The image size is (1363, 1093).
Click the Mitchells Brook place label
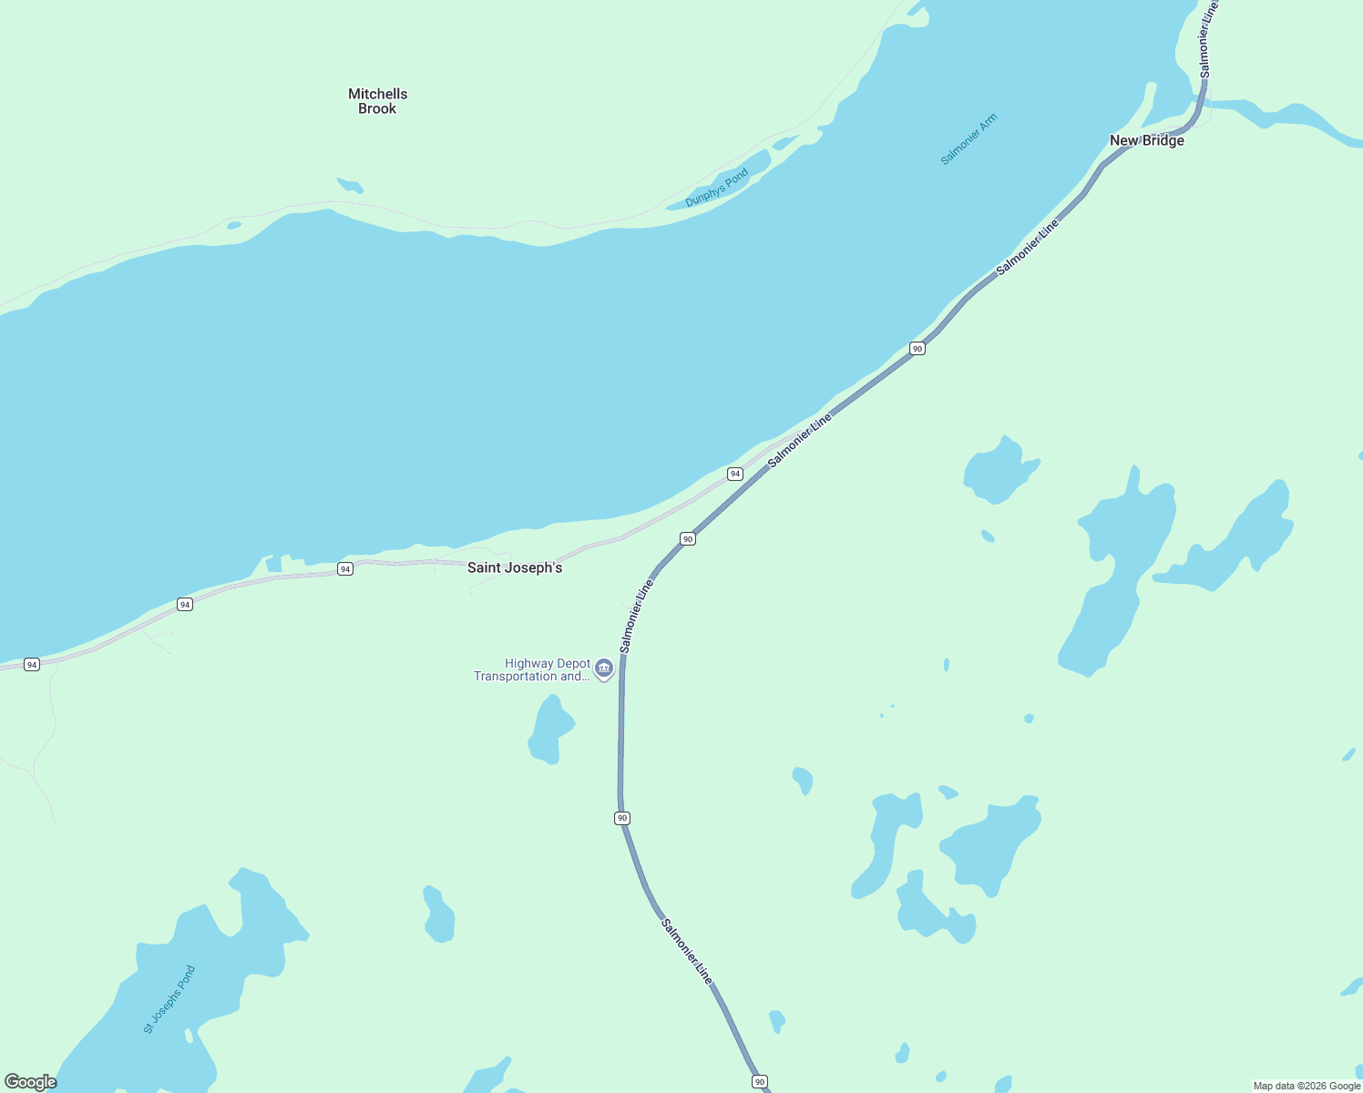pyautogui.click(x=377, y=101)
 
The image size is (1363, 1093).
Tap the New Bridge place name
pyautogui.click(x=1146, y=140)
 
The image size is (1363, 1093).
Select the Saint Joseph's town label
pyautogui.click(x=515, y=567)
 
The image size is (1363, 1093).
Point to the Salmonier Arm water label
pyautogui.click(x=968, y=139)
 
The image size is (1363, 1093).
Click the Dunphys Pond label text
pyautogui.click(x=716, y=188)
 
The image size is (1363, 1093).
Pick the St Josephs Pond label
pyautogui.click(x=169, y=999)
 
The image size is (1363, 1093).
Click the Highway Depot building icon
pyautogui.click(x=603, y=669)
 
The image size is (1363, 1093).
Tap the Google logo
pyautogui.click(x=31, y=1082)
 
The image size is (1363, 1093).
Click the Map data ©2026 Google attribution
pyautogui.click(x=1307, y=1086)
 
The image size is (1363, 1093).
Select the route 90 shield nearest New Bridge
pyautogui.click(x=917, y=348)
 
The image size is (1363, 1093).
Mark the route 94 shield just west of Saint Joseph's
pyautogui.click(x=344, y=569)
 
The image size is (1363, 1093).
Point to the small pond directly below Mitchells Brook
pyautogui.click(x=351, y=185)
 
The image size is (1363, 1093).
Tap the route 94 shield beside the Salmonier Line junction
pyautogui.click(x=735, y=474)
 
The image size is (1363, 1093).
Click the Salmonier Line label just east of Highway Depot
pyautogui.click(x=636, y=616)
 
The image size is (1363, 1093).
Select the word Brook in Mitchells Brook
pyautogui.click(x=377, y=108)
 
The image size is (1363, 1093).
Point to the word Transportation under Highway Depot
pyautogui.click(x=515, y=676)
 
